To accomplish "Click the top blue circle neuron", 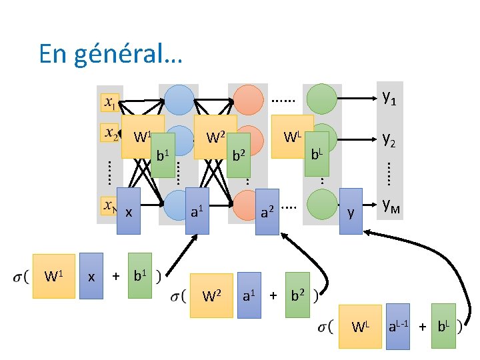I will [x=179, y=100].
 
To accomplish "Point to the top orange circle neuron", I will [x=248, y=100].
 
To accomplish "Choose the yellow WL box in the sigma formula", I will [x=360, y=326].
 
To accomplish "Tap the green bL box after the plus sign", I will [x=443, y=326].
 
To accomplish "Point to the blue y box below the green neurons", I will [x=351, y=211].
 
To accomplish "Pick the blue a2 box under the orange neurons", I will [x=267, y=212].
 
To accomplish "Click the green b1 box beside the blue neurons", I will [x=162, y=155].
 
